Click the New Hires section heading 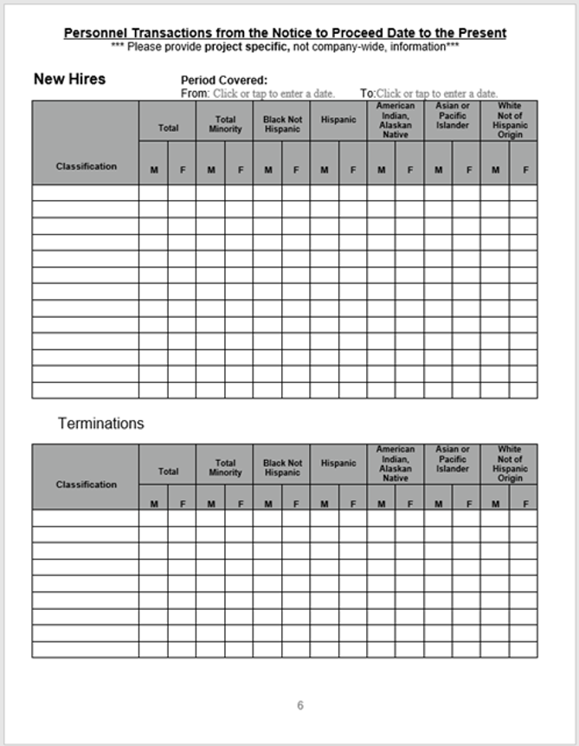[x=69, y=79]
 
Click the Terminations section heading [x=100, y=424]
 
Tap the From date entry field [x=274, y=94]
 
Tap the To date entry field [x=437, y=94]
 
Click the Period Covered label [x=224, y=81]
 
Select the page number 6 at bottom [x=300, y=705]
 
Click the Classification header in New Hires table [x=86, y=166]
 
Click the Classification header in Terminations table [x=86, y=484]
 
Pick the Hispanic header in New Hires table [x=338, y=120]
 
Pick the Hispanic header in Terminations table [x=338, y=464]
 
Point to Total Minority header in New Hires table [x=225, y=125]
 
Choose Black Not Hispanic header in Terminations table [x=282, y=468]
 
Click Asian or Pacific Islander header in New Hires [x=453, y=116]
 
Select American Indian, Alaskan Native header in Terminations [x=396, y=464]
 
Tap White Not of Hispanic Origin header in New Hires [x=510, y=120]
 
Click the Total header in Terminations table [x=168, y=471]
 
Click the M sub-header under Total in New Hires [x=154, y=170]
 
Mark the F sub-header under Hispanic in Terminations [x=352, y=503]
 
